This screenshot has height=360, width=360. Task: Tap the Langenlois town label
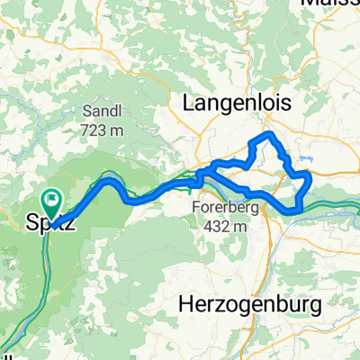coord(238,104)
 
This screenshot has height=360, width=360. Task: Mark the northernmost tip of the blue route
coord(265,134)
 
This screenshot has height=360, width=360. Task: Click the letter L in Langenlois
coord(189,104)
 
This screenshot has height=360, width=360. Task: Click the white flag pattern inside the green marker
coord(52,198)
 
